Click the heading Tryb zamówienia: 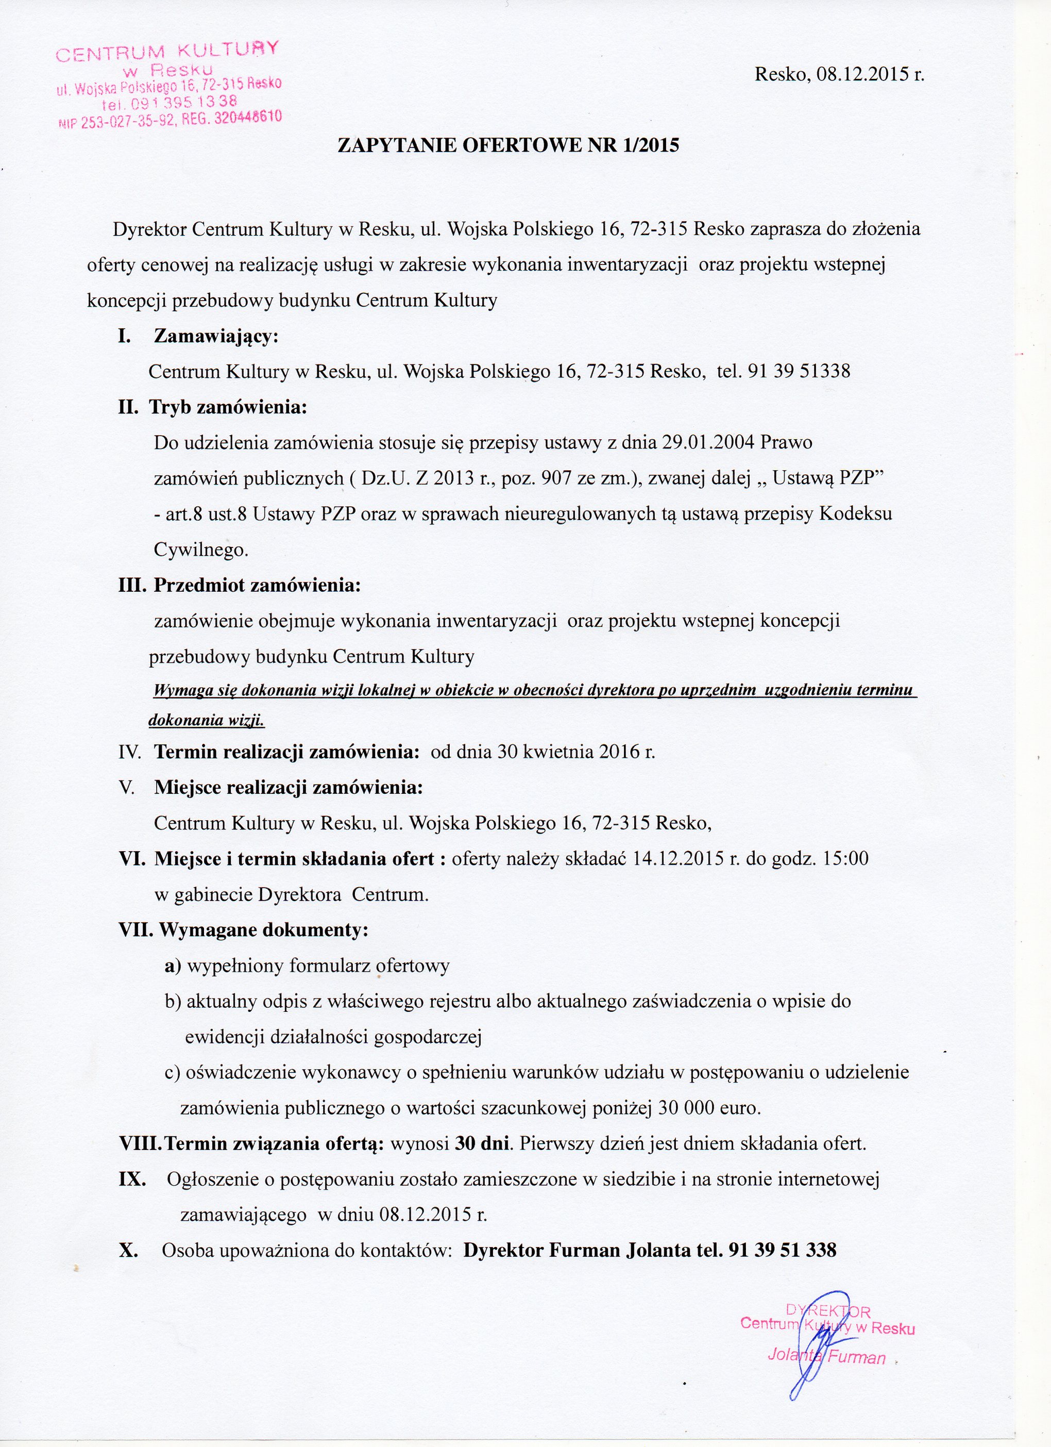coord(228,407)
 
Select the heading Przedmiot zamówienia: coord(257,586)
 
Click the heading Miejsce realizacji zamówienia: coord(289,787)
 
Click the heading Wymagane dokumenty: coord(263,929)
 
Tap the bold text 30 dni coord(482,1143)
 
